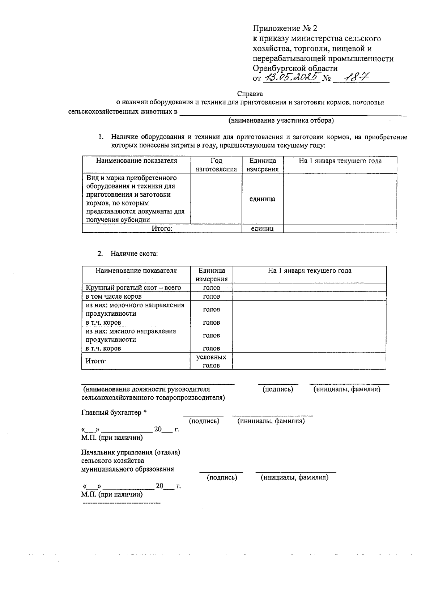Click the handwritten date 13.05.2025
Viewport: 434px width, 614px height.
(292, 77)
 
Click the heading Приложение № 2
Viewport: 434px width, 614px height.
(285, 28)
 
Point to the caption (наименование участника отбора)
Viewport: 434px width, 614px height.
(281, 120)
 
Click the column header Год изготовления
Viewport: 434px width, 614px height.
(216, 165)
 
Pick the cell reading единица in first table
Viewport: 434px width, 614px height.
(262, 199)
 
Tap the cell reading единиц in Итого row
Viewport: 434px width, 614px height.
(262, 229)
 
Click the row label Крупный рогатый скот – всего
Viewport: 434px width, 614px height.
(133, 288)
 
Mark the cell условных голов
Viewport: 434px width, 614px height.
(211, 361)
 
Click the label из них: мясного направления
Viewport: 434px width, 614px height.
(131, 331)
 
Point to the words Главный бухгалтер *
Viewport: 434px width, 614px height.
(114, 413)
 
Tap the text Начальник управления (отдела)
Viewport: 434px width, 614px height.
(131, 452)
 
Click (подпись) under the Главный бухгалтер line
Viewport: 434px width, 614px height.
(204, 421)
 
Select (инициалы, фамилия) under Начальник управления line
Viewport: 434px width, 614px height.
(294, 478)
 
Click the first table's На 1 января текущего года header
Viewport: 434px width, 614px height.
(340, 161)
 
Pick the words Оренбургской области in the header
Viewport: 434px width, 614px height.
(295, 68)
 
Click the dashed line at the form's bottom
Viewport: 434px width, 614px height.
(122, 503)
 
